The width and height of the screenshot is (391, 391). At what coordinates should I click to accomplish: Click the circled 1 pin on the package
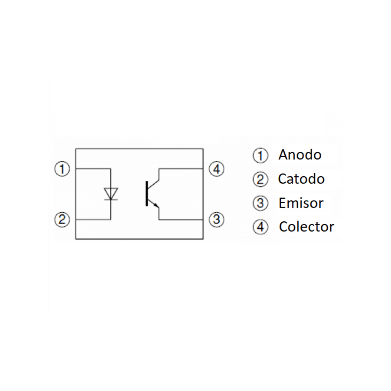[61, 169]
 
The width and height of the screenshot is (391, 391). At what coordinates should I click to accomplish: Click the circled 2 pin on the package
[61, 219]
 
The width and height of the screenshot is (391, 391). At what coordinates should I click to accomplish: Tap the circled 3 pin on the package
[216, 219]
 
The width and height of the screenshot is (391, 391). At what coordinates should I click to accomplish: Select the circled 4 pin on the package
[216, 169]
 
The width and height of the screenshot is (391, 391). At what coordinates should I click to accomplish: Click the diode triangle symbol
[111, 193]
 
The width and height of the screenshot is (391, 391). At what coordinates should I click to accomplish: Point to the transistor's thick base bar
[146, 194]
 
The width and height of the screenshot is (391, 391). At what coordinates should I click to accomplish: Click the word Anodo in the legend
[300, 155]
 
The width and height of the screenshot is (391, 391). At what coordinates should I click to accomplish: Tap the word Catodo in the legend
[301, 179]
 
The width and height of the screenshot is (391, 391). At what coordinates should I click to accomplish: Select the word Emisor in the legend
[301, 203]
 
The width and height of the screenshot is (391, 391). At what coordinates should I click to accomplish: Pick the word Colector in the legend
[307, 227]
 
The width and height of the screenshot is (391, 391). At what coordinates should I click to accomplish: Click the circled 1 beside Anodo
[260, 156]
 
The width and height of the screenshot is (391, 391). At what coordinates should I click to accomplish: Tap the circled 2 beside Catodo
[260, 179]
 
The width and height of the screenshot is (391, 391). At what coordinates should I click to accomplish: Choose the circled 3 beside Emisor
[260, 203]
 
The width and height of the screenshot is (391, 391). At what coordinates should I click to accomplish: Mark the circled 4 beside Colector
[260, 227]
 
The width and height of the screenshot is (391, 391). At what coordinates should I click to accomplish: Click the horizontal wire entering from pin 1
[93, 169]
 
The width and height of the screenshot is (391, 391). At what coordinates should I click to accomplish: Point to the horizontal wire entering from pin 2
[93, 220]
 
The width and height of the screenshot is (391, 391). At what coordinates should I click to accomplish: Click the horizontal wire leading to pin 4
[181, 169]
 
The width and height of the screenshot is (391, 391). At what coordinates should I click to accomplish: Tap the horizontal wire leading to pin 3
[181, 220]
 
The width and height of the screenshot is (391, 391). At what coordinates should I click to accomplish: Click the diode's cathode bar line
[111, 199]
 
